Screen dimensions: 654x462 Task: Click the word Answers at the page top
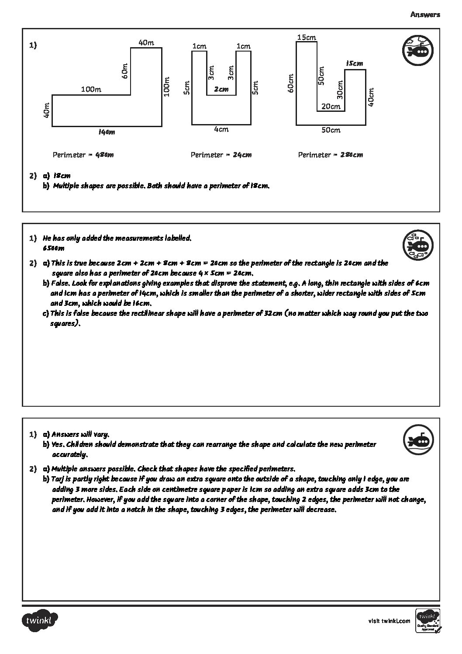pyautogui.click(x=425, y=14)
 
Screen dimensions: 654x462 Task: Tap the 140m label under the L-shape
pyautogui.click(x=107, y=132)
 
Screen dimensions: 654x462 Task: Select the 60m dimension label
pyautogui.click(x=125, y=71)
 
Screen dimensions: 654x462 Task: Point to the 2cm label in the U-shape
pyautogui.click(x=221, y=89)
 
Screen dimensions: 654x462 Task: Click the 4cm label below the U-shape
pyautogui.click(x=221, y=129)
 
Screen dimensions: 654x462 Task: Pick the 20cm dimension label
pyautogui.click(x=331, y=106)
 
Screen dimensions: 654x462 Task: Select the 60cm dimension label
pyautogui.click(x=290, y=83)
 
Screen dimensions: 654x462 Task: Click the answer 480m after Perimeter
pyautogui.click(x=104, y=155)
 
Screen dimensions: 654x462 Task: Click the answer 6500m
pyautogui.click(x=54, y=248)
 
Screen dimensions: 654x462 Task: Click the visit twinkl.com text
pyautogui.click(x=390, y=621)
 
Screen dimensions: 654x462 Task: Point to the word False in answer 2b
pyautogui.click(x=60, y=284)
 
